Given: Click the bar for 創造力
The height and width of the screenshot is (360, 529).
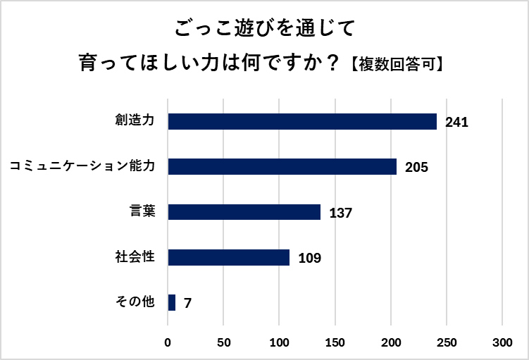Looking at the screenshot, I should tap(302, 121).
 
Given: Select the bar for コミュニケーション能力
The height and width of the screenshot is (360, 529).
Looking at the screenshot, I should tap(282, 166).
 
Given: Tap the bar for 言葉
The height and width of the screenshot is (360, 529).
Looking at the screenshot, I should tap(244, 212).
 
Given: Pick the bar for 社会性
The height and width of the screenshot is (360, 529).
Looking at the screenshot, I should tap(229, 257).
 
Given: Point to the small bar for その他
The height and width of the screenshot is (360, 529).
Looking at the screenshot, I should tap(172, 302).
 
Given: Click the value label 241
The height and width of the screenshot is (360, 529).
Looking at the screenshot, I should tap(456, 123).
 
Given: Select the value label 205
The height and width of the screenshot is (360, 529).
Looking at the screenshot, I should tap(417, 168).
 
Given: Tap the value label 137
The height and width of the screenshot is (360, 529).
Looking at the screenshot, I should tap(340, 213).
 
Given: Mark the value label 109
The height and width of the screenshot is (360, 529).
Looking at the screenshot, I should tap(310, 258).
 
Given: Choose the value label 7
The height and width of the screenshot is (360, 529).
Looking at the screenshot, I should tap(187, 304).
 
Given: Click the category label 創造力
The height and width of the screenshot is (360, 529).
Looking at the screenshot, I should tap(135, 120).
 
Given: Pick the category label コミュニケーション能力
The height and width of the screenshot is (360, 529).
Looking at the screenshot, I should tap(82, 166).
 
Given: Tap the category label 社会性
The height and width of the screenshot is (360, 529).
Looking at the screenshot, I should tap(135, 256).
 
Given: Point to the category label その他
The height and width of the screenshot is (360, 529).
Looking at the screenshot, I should tap(135, 302).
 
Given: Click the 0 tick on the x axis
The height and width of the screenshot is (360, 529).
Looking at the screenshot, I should tap(168, 342).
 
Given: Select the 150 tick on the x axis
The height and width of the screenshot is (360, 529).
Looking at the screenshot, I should tap(335, 342).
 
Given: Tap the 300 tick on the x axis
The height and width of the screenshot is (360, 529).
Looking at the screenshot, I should tap(502, 342).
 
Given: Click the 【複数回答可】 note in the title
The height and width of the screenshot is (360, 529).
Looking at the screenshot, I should tap(397, 65).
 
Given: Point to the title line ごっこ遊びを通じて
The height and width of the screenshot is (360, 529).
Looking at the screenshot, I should tap(263, 29).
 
